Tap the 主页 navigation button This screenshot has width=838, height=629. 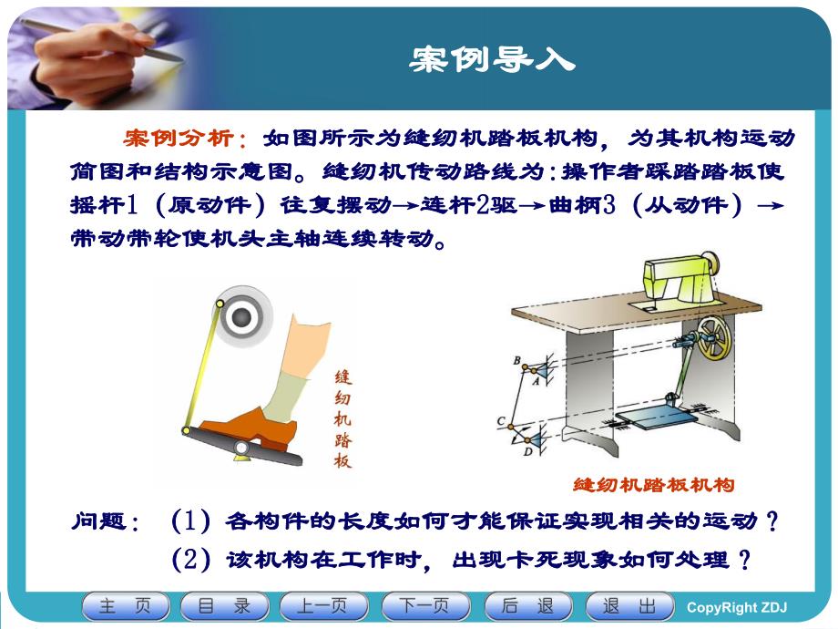click(x=125, y=606)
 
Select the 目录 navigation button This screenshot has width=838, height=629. click(x=224, y=606)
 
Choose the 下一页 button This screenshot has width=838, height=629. click(x=424, y=606)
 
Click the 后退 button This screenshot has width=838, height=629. click(x=527, y=606)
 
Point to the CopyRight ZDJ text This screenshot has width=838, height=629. click(x=736, y=608)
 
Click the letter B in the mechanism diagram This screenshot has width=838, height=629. click(x=516, y=361)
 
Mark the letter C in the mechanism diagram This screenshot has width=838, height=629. click(x=500, y=420)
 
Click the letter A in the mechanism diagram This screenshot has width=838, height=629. click(x=535, y=382)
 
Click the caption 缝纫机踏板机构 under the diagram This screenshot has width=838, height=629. click(x=653, y=485)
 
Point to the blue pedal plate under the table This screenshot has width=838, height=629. click(x=649, y=421)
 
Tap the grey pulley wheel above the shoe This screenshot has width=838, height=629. click(x=240, y=316)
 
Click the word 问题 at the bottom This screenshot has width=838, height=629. click(x=100, y=521)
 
